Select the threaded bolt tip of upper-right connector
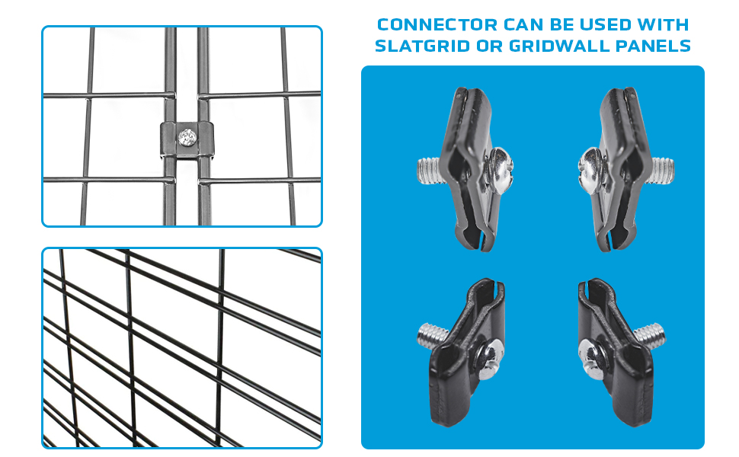tap(663, 168)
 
